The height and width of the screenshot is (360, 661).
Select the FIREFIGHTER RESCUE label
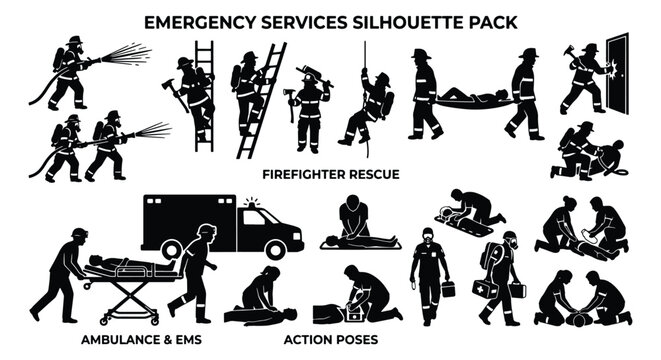pos(330,173)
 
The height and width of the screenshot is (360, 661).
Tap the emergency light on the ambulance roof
pos(250,203)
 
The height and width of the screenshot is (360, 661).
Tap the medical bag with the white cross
pos(486,289)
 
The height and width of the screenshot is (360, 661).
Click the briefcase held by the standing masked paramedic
pos(447,288)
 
